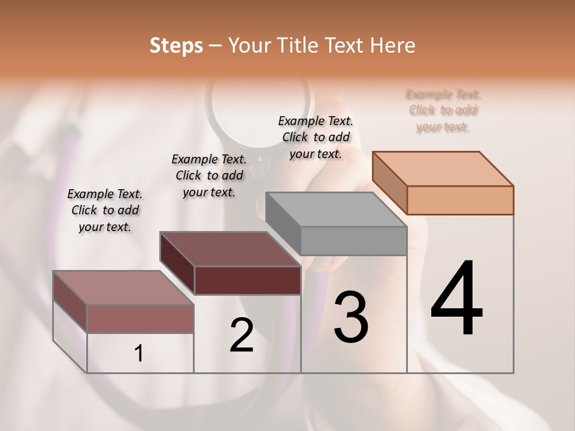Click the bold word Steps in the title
176,45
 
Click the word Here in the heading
391,45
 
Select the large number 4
457,299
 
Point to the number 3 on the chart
351,317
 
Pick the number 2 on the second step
241,335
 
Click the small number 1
139,354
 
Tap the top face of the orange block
443,168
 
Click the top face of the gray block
336,210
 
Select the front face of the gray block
353,241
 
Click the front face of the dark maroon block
247,280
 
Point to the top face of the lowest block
123,288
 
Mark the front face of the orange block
460,200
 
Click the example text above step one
105,210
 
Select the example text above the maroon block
209,175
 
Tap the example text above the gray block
316,137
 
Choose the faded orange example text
443,110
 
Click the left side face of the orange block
389,182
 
